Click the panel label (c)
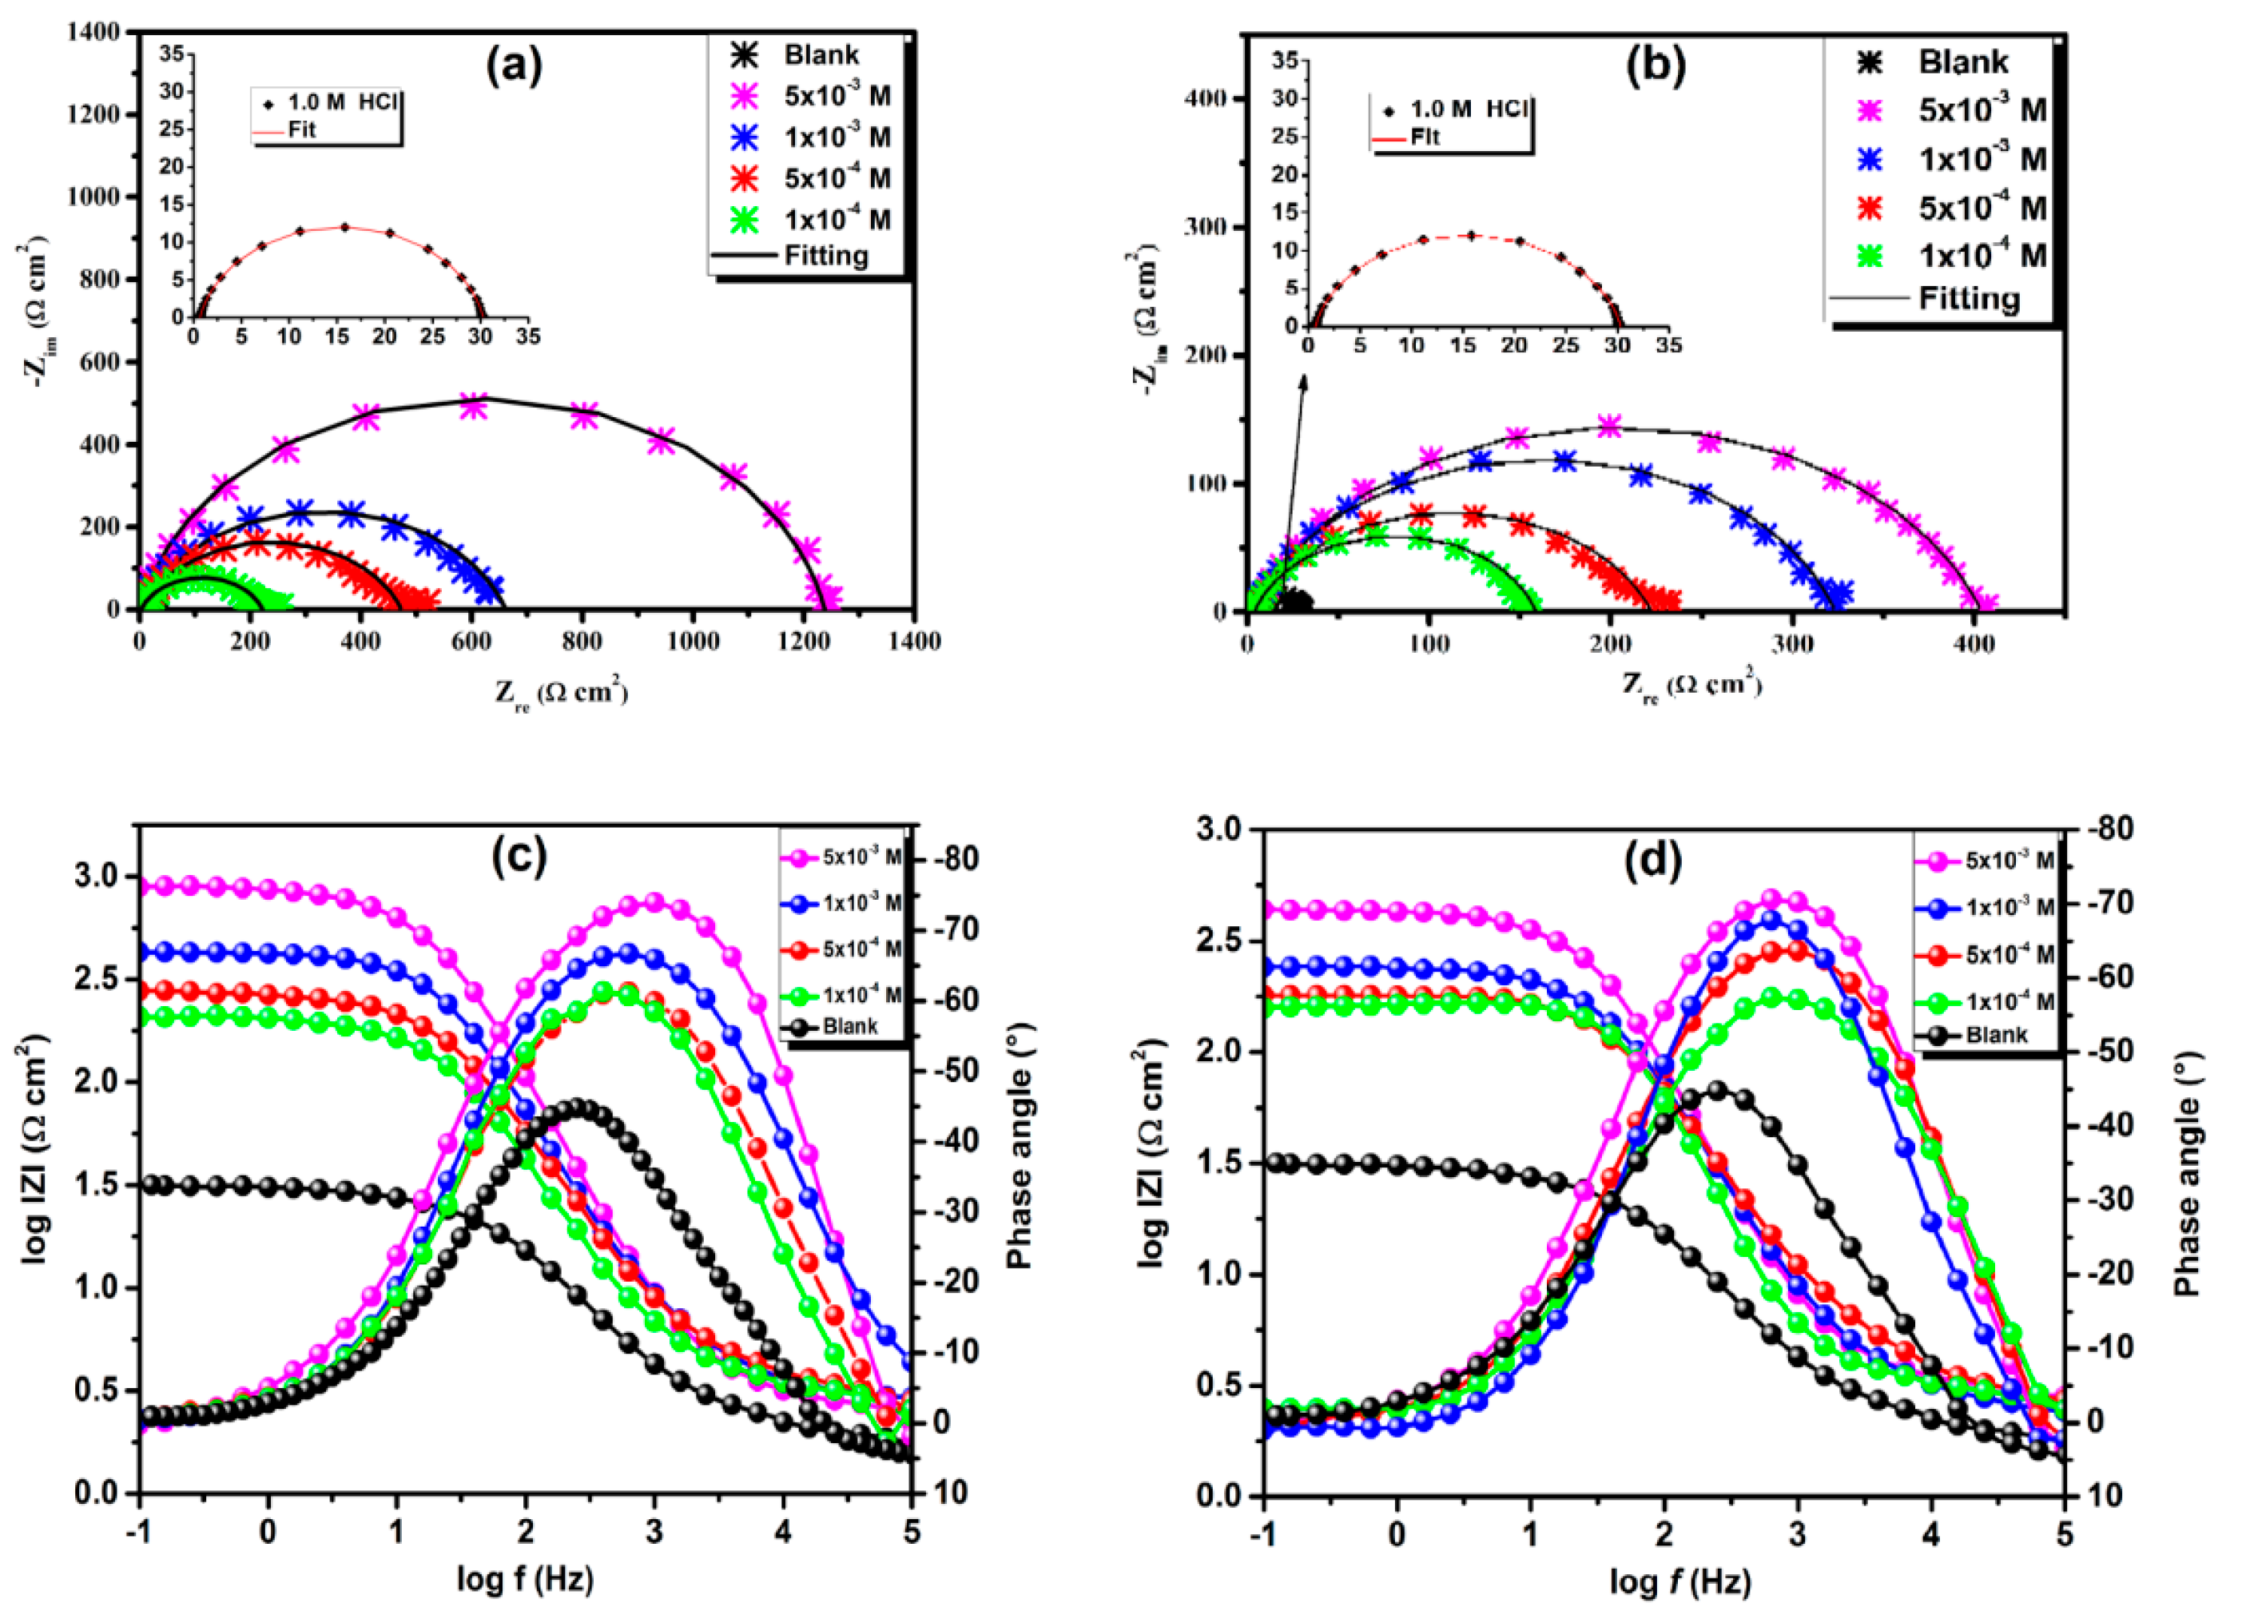519,857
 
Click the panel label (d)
1654,862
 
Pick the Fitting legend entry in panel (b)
1968,299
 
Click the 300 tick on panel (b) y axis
1205,227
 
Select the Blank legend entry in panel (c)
849,1026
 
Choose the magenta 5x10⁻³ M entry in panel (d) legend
2007,861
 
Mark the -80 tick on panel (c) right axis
952,858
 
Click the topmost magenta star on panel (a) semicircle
475,406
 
